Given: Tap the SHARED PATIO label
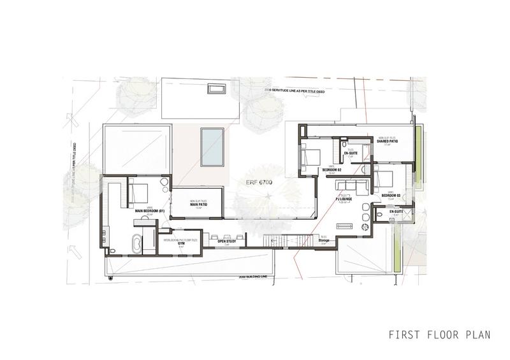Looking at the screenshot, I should [x=388, y=142].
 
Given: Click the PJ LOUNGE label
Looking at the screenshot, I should [x=345, y=198].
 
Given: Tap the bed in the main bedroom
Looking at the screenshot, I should [x=139, y=191].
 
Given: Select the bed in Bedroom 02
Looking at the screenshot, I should [x=311, y=156].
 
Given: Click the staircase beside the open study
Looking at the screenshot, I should [x=280, y=240].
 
